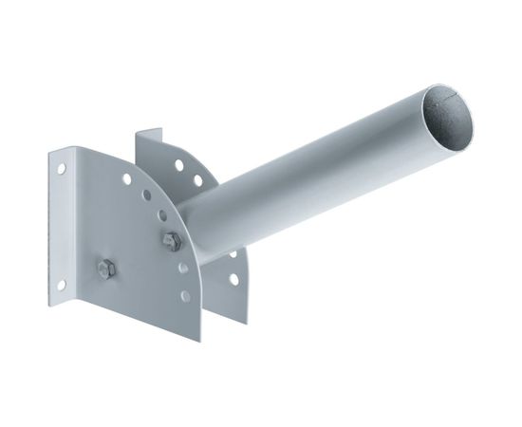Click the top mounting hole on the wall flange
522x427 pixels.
coord(62,168)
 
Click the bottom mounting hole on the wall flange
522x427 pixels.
coord(61,283)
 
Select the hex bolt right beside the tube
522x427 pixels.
coord(171,241)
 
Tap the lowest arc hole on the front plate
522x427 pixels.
coord(184,297)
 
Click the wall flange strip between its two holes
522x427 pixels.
coord(61,226)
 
